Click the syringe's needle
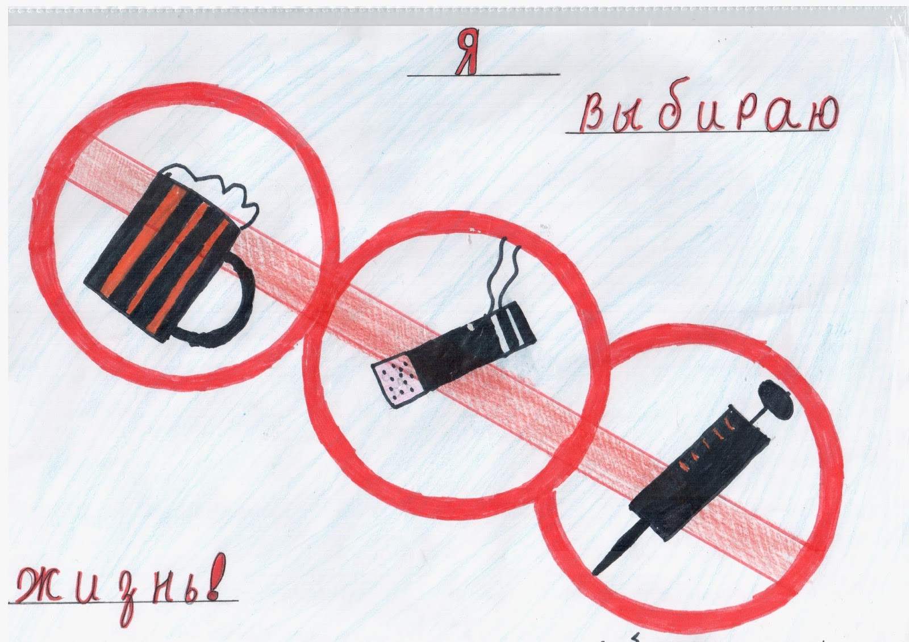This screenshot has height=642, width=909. point(617,548)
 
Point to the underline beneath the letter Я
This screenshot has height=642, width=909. point(483,75)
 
